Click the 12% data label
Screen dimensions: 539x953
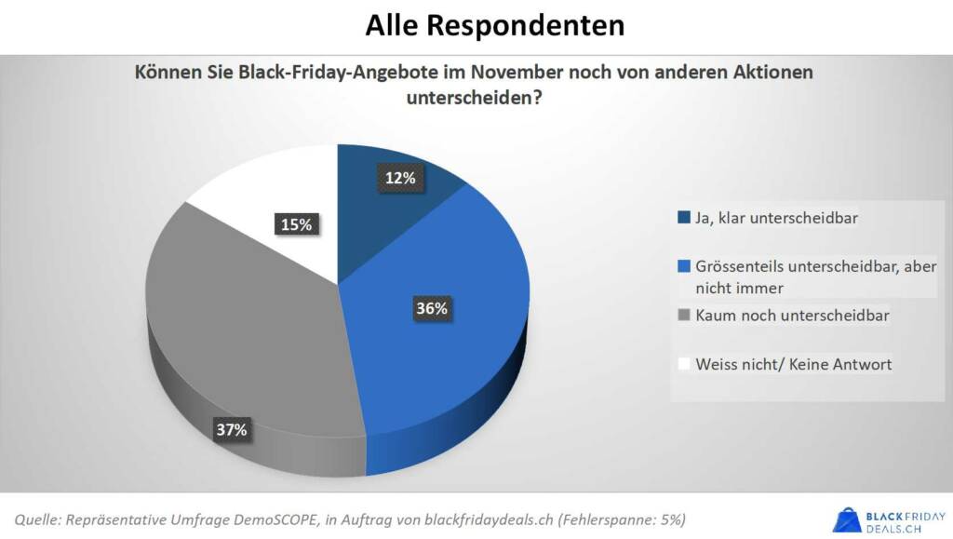(400, 178)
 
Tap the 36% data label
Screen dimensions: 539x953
(431, 309)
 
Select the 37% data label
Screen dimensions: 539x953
(232, 429)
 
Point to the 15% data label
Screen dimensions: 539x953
(297, 223)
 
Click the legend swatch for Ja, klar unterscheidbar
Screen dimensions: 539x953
(684, 219)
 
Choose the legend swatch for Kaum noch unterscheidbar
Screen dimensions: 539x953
(684, 316)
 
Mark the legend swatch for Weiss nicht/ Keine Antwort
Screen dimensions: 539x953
(684, 364)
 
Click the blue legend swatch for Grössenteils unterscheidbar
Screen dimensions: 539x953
(684, 267)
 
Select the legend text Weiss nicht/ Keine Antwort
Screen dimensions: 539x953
(793, 364)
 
